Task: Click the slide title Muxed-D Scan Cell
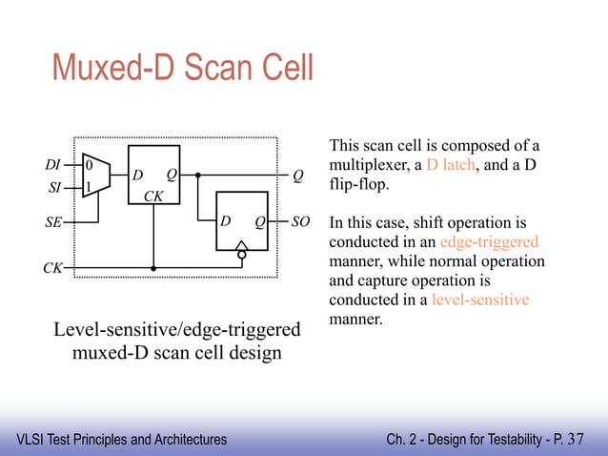pos(182,70)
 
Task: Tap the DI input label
pos(53,165)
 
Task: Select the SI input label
pos(54,188)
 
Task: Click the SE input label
pos(52,222)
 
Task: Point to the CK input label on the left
pos(51,268)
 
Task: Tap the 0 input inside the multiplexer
pos(89,165)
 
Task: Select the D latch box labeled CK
pos(154,175)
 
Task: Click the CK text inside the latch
pos(152,196)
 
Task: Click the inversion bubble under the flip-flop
pos(241,255)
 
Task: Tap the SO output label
pos(300,222)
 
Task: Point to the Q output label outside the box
pos(298,176)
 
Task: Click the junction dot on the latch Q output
pos(197,176)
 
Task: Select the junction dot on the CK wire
pos(152,268)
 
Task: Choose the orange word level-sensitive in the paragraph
pos(480,300)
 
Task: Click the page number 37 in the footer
pos(576,439)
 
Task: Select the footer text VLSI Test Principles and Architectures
pos(122,440)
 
